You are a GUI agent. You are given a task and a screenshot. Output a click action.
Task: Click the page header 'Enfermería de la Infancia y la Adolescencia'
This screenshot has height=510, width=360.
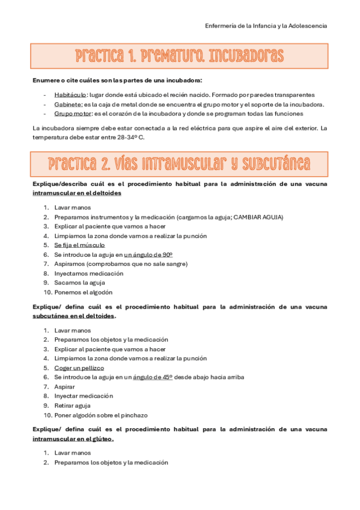(x=266, y=26)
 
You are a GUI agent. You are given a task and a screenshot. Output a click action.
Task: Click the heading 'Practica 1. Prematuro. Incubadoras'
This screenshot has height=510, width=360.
(x=180, y=57)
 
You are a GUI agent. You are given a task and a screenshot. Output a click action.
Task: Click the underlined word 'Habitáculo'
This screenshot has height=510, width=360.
(x=70, y=95)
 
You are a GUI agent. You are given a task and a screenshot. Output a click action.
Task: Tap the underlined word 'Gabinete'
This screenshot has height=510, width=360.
(x=68, y=104)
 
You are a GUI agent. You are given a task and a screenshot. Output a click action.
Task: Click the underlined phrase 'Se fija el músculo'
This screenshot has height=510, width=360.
(x=79, y=245)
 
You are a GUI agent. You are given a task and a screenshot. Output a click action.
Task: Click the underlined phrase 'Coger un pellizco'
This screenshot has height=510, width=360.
(x=79, y=367)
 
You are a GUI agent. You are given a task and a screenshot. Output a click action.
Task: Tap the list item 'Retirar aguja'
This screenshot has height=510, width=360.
(x=72, y=405)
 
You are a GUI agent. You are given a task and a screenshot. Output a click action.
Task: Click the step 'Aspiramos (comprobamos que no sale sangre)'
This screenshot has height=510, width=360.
(x=121, y=264)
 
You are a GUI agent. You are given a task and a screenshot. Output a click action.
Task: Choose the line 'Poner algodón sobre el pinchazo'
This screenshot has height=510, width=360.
(x=100, y=415)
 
